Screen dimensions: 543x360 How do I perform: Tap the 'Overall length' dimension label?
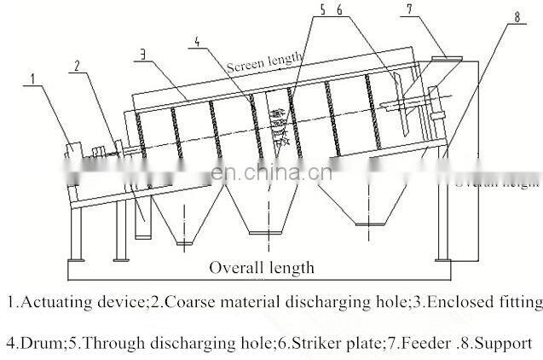point(262,267)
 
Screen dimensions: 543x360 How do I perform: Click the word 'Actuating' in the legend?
point(51,301)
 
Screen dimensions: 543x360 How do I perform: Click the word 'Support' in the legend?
point(505,343)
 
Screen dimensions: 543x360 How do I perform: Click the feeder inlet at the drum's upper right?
point(445,61)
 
